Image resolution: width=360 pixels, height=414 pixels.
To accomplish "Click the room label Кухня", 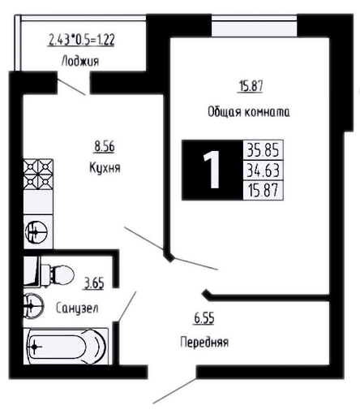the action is pos(105,168).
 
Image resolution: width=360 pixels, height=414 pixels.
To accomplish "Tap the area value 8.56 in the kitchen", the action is pos(104,147).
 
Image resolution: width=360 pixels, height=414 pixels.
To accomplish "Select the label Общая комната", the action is pos(249,111).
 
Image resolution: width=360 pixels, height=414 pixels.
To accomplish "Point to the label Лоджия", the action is pos(80,61).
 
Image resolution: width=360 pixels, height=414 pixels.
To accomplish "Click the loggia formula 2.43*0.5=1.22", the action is pos(81,40).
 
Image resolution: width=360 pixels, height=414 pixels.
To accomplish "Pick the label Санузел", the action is pos(77,308).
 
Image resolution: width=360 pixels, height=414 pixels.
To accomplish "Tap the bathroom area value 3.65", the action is pos(94,284).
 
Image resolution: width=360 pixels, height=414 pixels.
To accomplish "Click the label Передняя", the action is pos(204,342).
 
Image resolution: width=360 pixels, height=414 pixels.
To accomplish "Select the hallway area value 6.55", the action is pos(204,318).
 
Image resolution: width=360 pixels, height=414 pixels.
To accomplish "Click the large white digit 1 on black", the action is pos(212,170).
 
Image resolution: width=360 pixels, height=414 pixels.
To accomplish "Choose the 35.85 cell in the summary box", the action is pos(264,150).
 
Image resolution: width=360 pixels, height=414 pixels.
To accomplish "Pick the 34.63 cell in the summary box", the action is pos(264,170).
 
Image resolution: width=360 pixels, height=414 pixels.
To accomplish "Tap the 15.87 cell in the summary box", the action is pos(264,190).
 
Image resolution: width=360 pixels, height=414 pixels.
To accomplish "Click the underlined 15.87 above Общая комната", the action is pos(251,86).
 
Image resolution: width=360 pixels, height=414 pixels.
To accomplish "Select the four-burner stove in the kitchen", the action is pos(38,175).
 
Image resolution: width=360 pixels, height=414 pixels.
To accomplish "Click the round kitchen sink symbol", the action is pos(36,232).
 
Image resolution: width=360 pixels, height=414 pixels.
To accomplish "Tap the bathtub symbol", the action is pos(66,346).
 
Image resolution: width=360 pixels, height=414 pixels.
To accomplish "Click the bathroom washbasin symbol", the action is pos(33,306).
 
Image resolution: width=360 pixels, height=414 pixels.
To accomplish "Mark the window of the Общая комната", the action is pos(254,26).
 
